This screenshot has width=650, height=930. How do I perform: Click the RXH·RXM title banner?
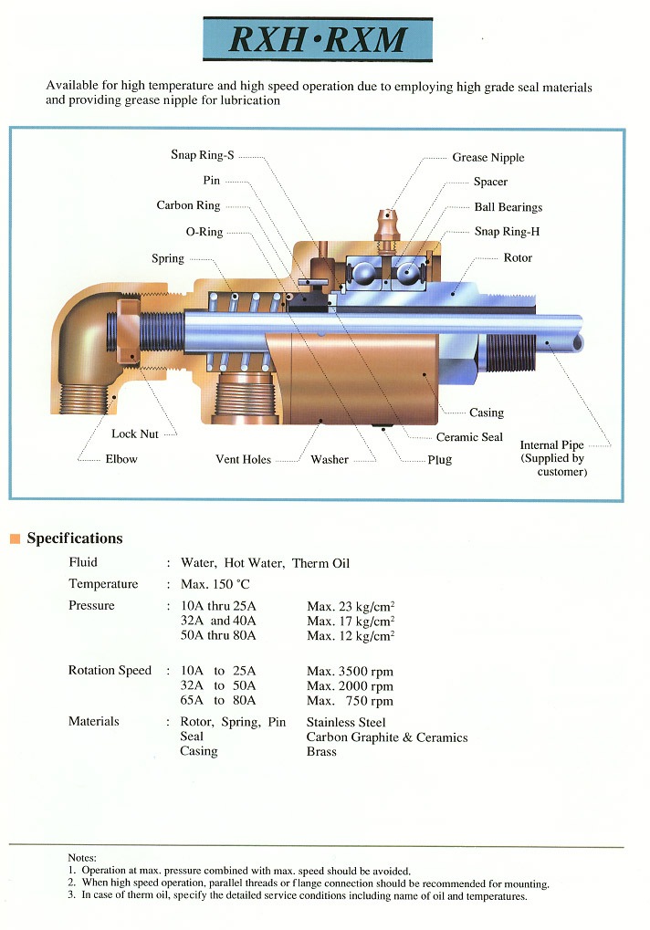(318, 39)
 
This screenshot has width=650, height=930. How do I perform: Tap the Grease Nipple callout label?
(488, 158)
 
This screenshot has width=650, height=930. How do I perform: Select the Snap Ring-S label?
(202, 155)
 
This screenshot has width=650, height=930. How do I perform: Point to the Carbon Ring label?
(188, 205)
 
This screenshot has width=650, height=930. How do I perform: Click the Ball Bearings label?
(508, 207)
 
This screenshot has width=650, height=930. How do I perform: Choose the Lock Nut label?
(136, 434)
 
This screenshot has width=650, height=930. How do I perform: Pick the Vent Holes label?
(243, 460)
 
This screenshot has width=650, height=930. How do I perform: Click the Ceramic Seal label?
(469, 437)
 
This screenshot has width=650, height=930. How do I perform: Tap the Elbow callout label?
(121, 459)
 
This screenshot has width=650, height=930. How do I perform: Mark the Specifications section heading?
(74, 538)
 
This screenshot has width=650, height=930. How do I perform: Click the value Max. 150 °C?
(215, 584)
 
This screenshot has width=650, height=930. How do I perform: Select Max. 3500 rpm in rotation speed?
(350, 671)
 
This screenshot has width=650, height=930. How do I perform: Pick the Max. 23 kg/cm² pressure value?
(351, 606)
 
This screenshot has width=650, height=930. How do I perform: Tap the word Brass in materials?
(321, 752)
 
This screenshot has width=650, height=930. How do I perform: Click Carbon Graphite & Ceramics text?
(387, 737)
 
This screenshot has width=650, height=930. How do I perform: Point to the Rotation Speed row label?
(110, 671)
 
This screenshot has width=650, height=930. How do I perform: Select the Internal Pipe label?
(551, 445)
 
